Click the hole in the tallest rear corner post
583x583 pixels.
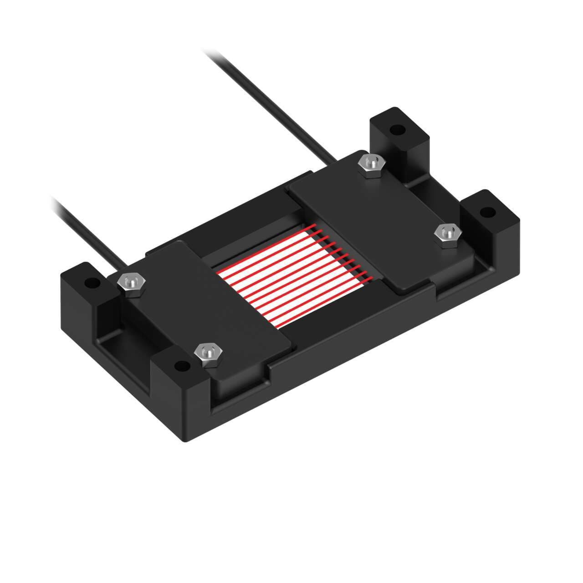pyautogui.click(x=398, y=130)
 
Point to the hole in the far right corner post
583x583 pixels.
pyautogui.click(x=487, y=211)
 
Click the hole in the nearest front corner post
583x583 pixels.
pyautogui.click(x=182, y=365)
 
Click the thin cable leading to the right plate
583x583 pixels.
pyautogui.click(x=269, y=105)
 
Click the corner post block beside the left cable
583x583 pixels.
pyautogui.click(x=84, y=301)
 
